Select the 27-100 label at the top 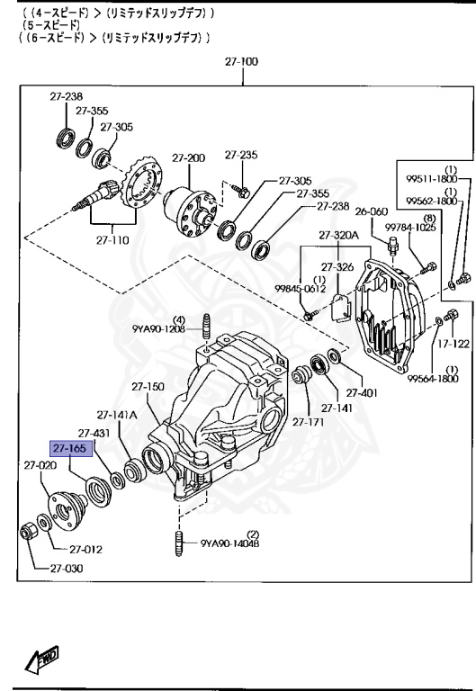(242, 62)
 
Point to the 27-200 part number (189, 157)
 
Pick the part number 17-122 (454, 343)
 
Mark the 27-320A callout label (337, 237)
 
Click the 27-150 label (148, 387)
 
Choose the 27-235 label (241, 154)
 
